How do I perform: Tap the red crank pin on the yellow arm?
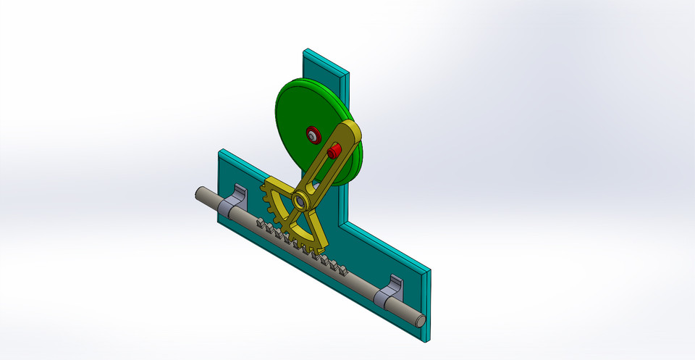[334, 151]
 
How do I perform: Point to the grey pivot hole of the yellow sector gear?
[299, 201]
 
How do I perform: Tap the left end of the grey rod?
[198, 193]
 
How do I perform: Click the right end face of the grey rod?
[420, 317]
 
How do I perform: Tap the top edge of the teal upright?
[326, 61]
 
